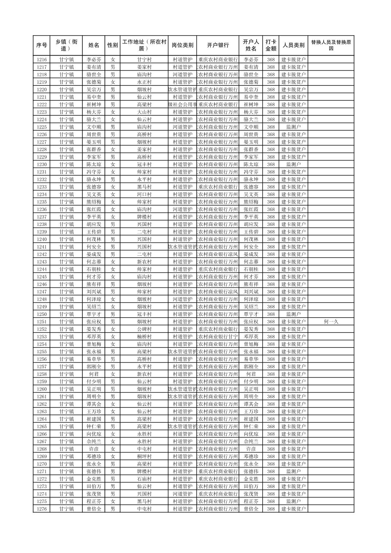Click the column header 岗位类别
pos(182,45)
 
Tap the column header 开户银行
pos(218,45)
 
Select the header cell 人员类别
pos(293,45)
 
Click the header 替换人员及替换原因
pos(331,45)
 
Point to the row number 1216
pos(42,60)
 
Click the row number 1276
pos(42,509)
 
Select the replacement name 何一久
pos(331,322)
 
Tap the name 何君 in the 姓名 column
pos(94,374)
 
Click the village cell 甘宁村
pos(144,60)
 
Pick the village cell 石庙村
pos(144,479)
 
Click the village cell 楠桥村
pos(144,337)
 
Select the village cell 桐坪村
pos(144,456)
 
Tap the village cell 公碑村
pos(144,329)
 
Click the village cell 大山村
pos(144,112)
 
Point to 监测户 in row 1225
pos(293,127)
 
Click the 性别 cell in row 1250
pos(113,314)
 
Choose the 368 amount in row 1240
pos(271,239)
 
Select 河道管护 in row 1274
pos(182,494)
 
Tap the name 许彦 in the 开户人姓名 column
pos(251,449)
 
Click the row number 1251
pos(42,322)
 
